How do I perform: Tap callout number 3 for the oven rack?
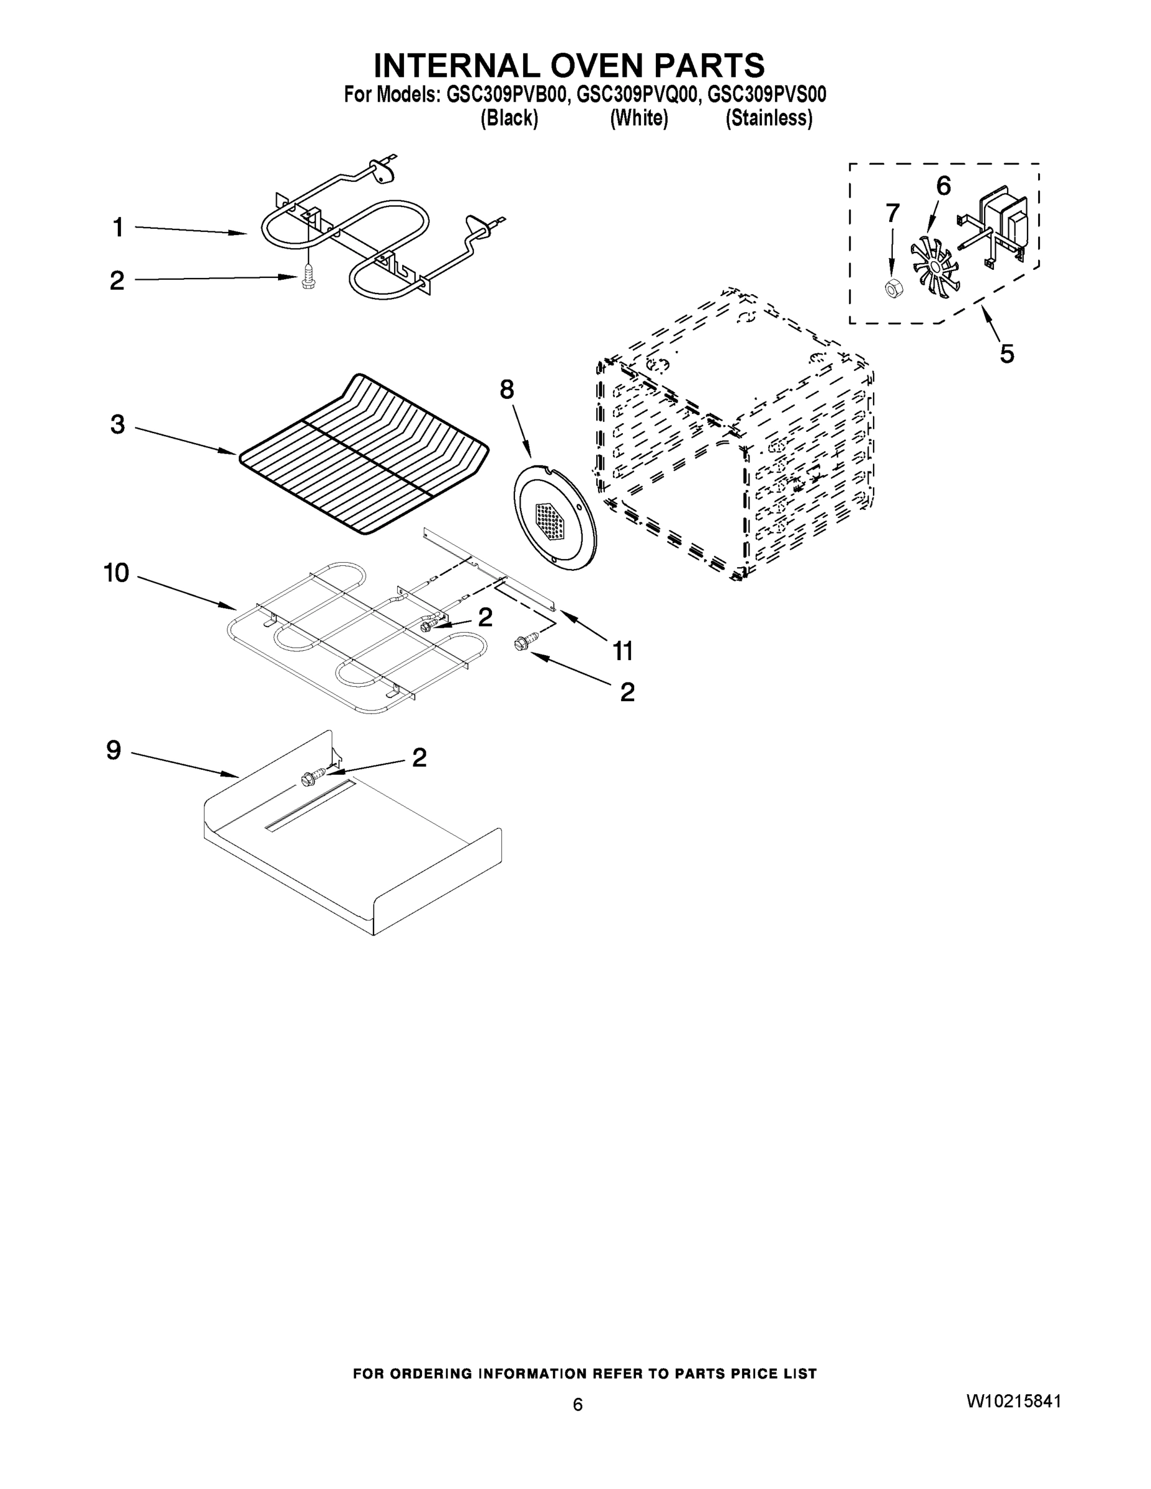117,424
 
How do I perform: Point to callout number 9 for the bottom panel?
114,750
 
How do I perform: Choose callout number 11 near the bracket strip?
622,651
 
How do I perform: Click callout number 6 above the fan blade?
943,186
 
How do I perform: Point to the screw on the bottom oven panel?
310,776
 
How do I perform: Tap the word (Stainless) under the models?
768,118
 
